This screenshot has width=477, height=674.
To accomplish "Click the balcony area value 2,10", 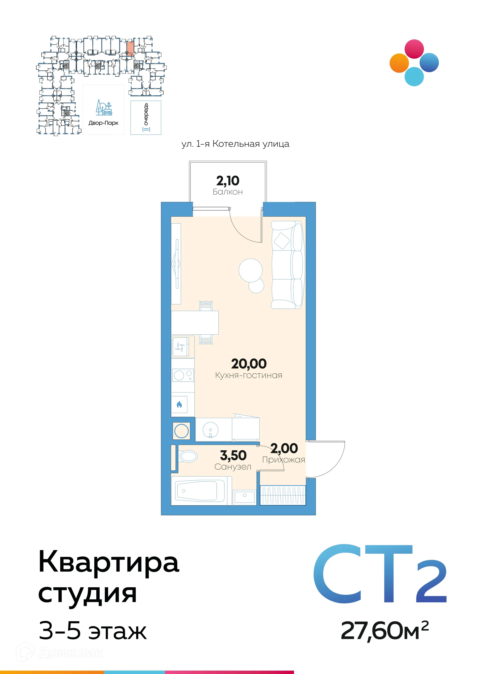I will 228,181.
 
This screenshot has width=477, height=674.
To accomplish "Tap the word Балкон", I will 228,192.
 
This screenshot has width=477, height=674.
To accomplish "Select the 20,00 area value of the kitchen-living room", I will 249,364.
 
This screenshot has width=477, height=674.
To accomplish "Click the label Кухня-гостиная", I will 248,375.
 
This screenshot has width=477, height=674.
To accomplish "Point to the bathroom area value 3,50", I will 233,455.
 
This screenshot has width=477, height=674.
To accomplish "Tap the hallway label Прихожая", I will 283,460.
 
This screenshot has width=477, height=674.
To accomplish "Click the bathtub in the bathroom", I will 200,491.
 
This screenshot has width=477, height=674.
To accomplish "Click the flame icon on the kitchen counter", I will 179,405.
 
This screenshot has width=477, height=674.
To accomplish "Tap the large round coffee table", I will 250,270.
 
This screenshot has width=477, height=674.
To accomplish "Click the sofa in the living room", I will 287,265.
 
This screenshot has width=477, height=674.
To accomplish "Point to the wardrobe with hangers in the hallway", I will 283,495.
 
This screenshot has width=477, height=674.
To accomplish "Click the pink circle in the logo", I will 414,49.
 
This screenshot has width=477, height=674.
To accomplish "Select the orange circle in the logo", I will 399,63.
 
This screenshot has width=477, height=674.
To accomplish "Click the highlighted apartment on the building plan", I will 130,48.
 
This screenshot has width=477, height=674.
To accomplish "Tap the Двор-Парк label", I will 103,123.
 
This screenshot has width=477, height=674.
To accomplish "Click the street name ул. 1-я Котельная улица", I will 235,144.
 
